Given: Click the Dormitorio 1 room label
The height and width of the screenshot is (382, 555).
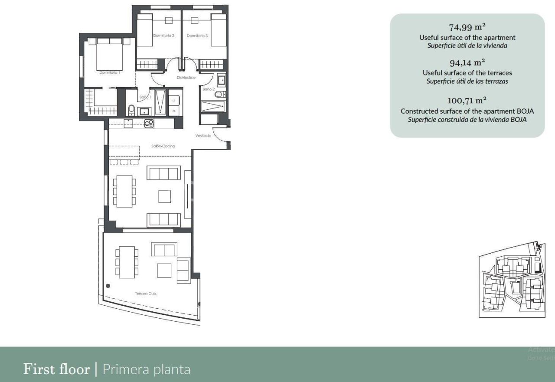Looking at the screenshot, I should (x=109, y=72).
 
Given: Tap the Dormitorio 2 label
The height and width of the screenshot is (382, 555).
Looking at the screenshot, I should (x=163, y=36).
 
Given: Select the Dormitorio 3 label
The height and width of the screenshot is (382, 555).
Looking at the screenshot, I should (x=198, y=36).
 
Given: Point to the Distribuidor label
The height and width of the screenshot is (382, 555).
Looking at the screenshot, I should (x=186, y=78).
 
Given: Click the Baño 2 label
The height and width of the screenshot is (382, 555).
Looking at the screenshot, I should (x=209, y=89).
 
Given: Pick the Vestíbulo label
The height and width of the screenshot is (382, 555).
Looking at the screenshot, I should (x=203, y=136).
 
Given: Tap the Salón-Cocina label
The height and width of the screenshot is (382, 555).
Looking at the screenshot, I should (x=163, y=146).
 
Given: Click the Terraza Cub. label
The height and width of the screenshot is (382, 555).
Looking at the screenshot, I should (x=146, y=294).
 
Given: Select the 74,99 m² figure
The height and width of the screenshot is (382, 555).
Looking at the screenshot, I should (x=467, y=27).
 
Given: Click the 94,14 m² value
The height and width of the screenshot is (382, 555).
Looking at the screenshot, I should (x=467, y=63).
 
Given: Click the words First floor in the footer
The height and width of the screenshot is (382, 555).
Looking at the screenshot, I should (x=56, y=369).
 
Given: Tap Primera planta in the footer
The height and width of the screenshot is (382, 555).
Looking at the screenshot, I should (x=146, y=369).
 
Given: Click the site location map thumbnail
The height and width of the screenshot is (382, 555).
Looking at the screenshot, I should (x=511, y=281).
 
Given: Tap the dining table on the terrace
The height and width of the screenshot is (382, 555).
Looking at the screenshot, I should (x=127, y=262).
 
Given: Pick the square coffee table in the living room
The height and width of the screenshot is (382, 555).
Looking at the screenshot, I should (x=164, y=196).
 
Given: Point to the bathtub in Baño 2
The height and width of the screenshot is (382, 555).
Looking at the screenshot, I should (x=212, y=107).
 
